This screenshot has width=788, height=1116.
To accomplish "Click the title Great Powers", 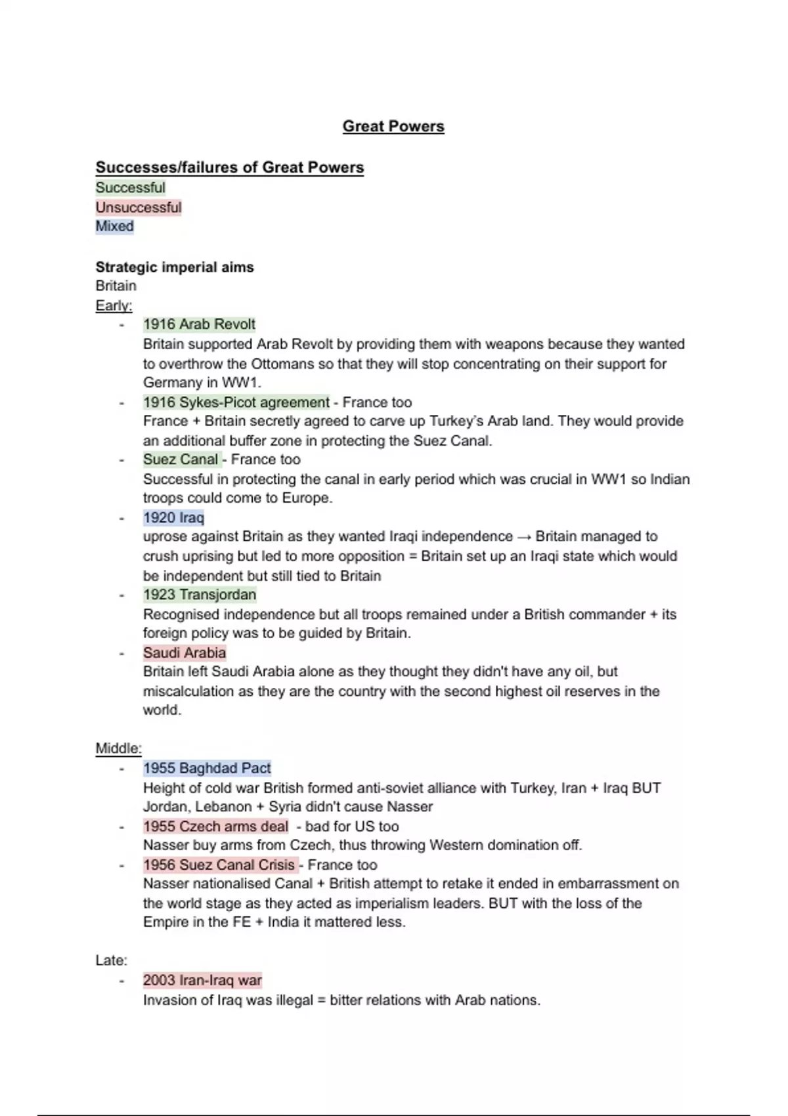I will click(x=393, y=126).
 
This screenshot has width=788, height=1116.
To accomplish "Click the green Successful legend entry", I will click(x=130, y=188).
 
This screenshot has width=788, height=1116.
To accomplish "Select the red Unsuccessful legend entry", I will click(x=138, y=207).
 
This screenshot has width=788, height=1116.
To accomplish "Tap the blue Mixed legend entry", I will click(x=114, y=226).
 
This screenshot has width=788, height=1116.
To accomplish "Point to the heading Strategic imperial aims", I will click(x=175, y=267).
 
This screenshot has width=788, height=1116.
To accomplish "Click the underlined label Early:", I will click(x=114, y=305).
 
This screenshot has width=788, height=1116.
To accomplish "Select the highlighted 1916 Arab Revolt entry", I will click(x=199, y=324).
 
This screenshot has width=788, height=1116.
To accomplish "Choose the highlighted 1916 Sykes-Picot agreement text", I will click(x=236, y=402).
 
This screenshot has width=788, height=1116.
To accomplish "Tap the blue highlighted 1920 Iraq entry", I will click(x=173, y=518).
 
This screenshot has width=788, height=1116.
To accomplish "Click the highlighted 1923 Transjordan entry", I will click(x=200, y=595).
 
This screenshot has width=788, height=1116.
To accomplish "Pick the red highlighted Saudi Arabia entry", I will click(x=185, y=653).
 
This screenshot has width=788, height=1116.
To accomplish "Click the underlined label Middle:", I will click(x=118, y=748).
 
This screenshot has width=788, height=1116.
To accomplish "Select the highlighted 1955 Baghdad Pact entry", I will click(x=207, y=768).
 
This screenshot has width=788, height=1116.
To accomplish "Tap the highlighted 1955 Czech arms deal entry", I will click(x=215, y=826).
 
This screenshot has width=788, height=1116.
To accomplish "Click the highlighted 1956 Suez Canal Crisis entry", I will click(x=219, y=865).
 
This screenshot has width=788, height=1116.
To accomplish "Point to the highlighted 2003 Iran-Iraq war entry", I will click(x=202, y=980).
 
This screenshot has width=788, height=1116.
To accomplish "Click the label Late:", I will click(x=111, y=960).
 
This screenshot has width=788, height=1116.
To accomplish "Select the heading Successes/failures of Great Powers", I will click(x=229, y=167).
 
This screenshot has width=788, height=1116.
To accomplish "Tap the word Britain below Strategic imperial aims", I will click(x=116, y=286).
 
